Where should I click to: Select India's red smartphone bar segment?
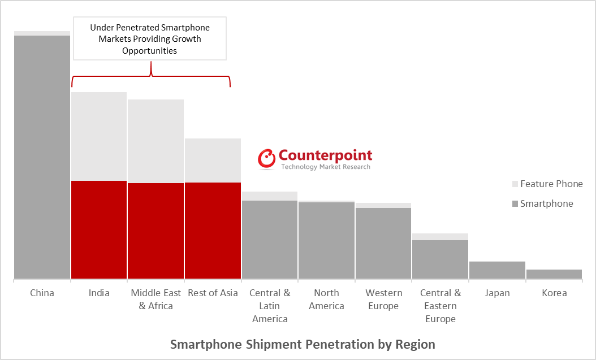click(99, 229)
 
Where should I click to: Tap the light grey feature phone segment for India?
click(99, 136)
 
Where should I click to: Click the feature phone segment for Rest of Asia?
click(213, 160)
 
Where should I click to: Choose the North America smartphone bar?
click(326, 240)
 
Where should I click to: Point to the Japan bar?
click(497, 270)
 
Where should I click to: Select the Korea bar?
click(554, 274)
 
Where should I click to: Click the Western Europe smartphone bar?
click(383, 243)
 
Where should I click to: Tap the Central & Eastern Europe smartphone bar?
click(440, 259)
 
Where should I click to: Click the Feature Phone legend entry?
click(547, 184)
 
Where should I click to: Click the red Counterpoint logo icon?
click(266, 159)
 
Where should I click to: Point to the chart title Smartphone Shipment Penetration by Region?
click(303, 344)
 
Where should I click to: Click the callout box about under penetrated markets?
click(150, 38)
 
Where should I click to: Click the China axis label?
click(42, 293)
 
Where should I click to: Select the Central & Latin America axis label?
click(270, 306)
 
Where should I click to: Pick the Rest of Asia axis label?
click(213, 293)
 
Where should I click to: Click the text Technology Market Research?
click(326, 167)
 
